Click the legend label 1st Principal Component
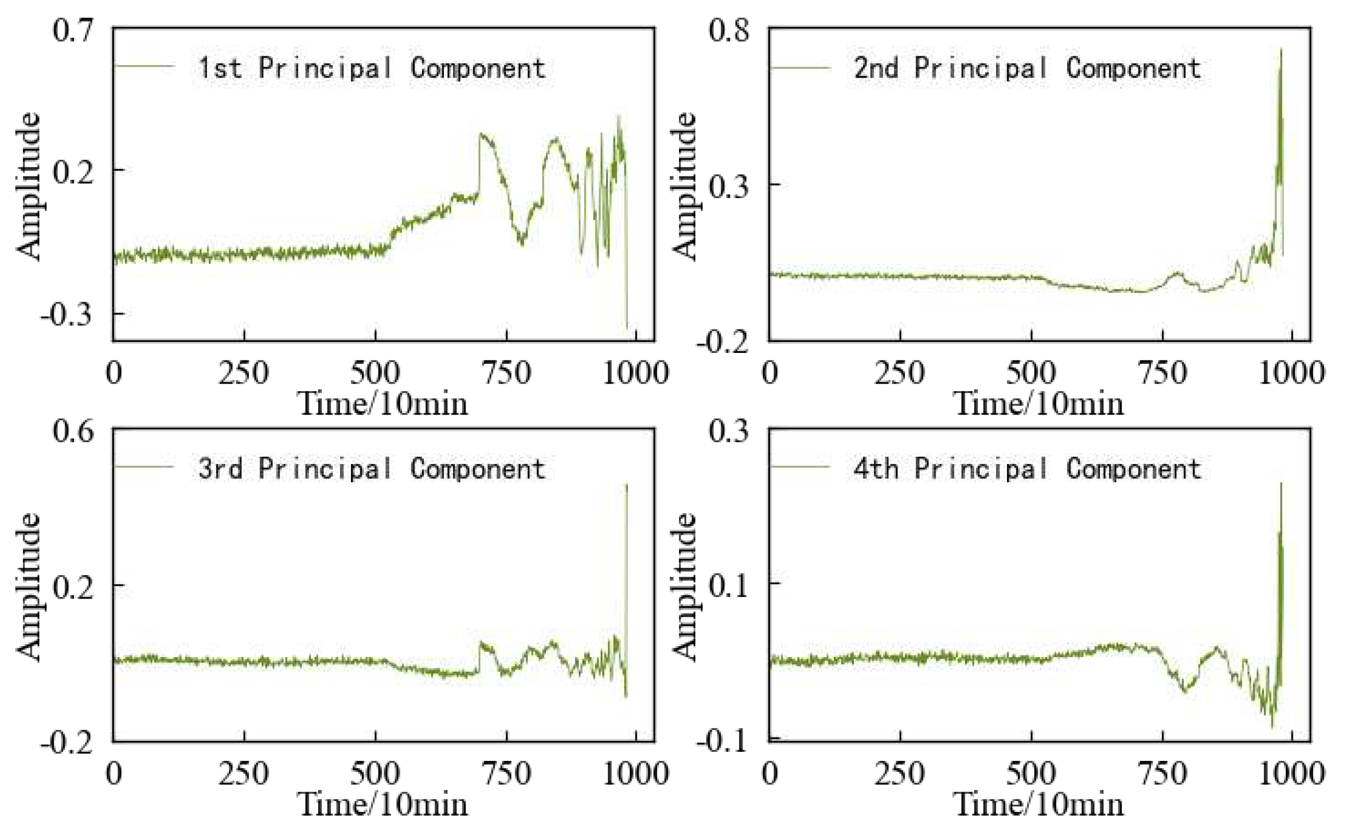click(x=372, y=68)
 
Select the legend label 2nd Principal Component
click(x=1027, y=68)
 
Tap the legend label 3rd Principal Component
click(x=372, y=468)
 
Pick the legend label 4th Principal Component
click(x=1027, y=468)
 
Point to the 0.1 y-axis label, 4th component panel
click(x=729, y=585)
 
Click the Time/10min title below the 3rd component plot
click(x=383, y=804)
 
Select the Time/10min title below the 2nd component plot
click(x=1038, y=404)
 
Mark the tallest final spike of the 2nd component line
click(x=1281, y=50)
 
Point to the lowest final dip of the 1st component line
click(x=627, y=327)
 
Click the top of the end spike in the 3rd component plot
click(x=627, y=485)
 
